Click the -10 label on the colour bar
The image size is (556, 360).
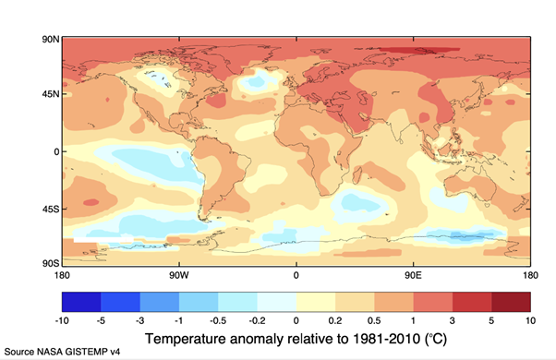(62, 320)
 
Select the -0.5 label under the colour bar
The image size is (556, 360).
(219, 320)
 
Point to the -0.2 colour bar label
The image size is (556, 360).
(258, 320)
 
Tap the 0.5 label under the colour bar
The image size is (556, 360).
(375, 320)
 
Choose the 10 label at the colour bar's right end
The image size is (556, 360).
(530, 320)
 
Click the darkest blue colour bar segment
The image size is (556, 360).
(81, 302)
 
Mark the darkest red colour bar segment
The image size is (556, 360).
(511, 302)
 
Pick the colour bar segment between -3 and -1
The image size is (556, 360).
(160, 302)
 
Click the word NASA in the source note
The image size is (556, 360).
(54, 352)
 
